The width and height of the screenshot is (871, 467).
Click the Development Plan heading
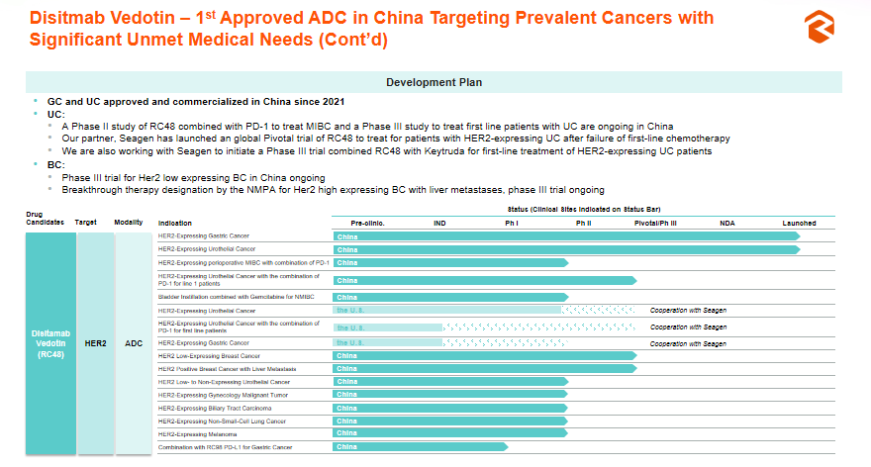tap(435, 82)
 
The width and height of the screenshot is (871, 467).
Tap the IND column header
tap(439, 224)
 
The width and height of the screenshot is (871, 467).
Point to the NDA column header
tap(727, 224)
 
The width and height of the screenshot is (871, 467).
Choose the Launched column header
tap(799, 224)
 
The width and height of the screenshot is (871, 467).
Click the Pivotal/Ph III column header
tap(655, 224)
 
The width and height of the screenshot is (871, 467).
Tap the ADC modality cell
tap(134, 343)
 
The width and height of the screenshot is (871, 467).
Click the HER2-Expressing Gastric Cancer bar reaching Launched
tap(564, 236)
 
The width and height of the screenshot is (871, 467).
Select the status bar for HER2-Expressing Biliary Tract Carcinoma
tap(450, 408)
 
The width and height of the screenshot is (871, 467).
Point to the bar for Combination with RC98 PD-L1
tap(421, 447)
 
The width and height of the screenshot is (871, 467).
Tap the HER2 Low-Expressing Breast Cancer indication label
tap(209, 355)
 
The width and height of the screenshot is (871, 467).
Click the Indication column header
tap(175, 224)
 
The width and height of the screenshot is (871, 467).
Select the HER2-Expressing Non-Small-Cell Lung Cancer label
tap(222, 420)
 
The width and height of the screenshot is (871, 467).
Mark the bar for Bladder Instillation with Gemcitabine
tap(450, 296)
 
